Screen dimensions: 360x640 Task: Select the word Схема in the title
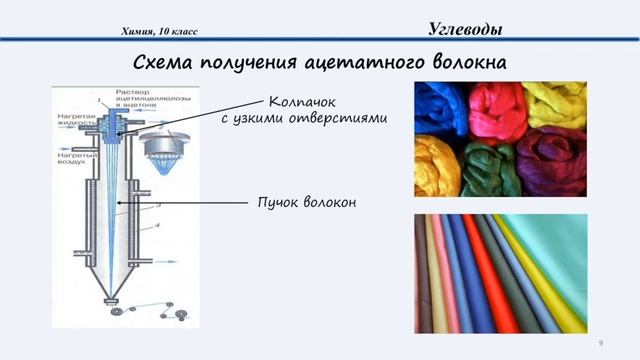(x=164, y=63)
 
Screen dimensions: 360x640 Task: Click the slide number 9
(x=600, y=343)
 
